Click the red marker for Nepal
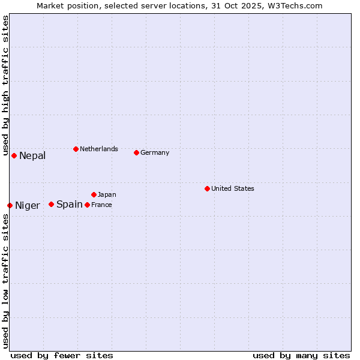[x=14, y=156]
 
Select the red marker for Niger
[x=10, y=205]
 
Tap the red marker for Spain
[x=51, y=204]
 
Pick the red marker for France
[x=87, y=205]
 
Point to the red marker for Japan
[x=94, y=194]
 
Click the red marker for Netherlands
[x=76, y=149]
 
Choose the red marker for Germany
[x=136, y=152]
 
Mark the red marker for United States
[x=207, y=188]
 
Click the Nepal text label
[x=32, y=156]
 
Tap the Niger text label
[x=28, y=206]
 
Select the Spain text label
[x=70, y=205]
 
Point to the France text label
[x=101, y=205]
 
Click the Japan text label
[x=107, y=195]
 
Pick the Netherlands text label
[x=99, y=149]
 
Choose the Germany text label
[x=155, y=153]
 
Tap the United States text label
[x=233, y=189]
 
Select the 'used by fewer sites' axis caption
[x=62, y=355]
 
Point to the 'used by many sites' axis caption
[x=301, y=355]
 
